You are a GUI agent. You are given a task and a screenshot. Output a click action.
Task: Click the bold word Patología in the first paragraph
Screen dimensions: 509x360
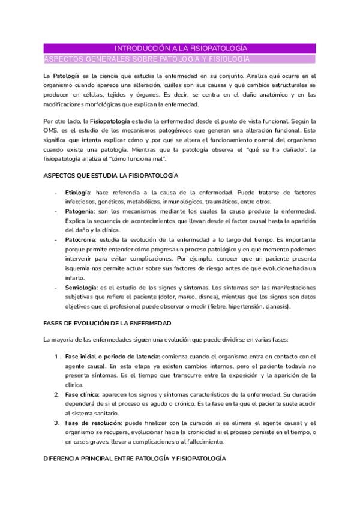click(65, 77)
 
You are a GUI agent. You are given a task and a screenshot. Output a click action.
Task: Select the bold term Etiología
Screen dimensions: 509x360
click(78, 192)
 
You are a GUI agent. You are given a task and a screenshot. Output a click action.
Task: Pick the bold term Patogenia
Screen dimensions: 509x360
click(79, 212)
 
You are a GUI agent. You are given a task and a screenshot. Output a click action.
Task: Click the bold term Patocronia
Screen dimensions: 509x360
click(80, 239)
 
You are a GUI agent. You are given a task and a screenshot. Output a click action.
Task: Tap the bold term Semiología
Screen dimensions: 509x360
click(81, 288)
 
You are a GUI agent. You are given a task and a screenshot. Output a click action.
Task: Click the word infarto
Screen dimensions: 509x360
click(74, 277)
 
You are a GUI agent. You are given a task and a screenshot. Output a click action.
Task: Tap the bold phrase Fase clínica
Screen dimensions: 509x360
click(83, 394)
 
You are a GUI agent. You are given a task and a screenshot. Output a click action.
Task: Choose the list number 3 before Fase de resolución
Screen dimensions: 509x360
click(56, 423)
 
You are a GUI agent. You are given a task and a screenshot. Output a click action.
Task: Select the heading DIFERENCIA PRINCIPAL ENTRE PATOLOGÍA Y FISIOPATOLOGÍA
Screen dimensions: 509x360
click(135, 459)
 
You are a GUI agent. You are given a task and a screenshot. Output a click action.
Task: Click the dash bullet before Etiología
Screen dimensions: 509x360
click(56, 192)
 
